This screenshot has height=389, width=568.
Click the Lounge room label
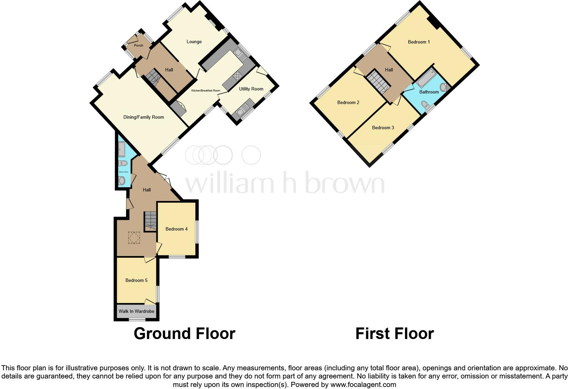[194, 42]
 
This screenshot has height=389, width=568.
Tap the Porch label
[139, 46]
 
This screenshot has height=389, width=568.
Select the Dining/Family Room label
[143, 117]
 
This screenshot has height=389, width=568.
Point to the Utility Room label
[251, 89]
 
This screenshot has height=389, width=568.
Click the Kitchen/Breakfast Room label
[206, 91]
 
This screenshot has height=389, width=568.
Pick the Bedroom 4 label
[176, 229]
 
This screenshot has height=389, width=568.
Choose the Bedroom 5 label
[136, 281]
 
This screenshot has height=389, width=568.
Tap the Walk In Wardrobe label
[136, 311]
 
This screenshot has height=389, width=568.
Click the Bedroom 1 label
[419, 42]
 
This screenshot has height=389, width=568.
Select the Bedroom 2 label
[348, 103]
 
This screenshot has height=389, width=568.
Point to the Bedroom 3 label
[383, 128]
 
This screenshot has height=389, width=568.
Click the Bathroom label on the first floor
[429, 92]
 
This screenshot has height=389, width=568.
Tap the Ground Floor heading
[184, 334]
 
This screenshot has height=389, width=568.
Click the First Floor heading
[394, 334]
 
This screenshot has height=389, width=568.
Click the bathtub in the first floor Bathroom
[426, 78]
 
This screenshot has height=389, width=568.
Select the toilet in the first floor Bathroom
[424, 104]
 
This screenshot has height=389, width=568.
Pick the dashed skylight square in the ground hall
[134, 238]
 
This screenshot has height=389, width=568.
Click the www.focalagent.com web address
[363, 385]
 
